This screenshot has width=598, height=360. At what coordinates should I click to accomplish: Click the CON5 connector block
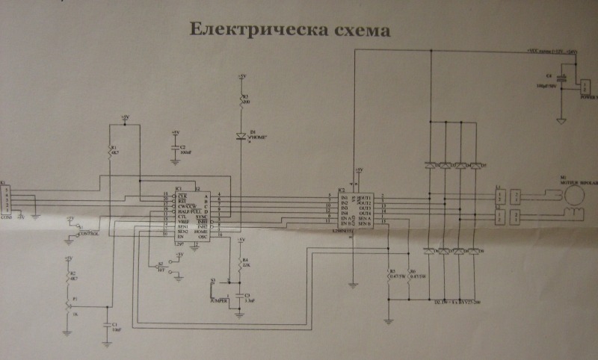pos(7,202)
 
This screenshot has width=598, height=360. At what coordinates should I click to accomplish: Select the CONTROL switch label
pos(88,234)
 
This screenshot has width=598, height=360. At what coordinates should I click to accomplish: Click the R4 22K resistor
pos(240,264)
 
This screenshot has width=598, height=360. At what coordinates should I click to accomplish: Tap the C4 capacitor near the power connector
pos(561,78)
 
